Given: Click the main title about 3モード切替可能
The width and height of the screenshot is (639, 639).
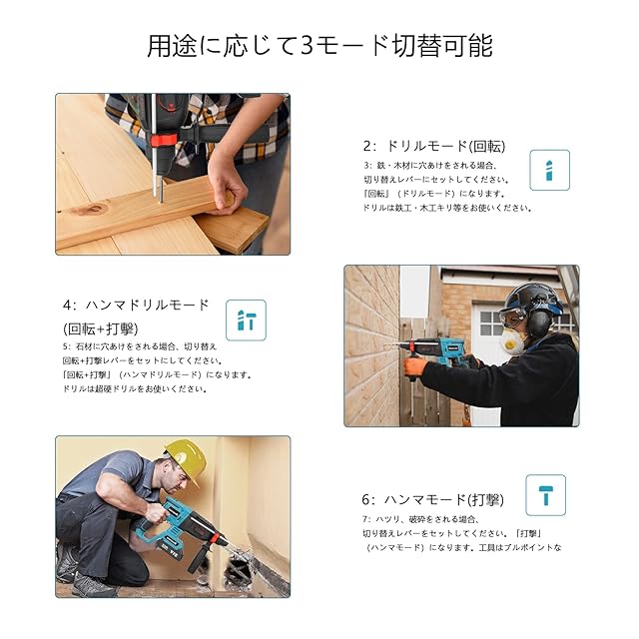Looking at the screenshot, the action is [x=319, y=46].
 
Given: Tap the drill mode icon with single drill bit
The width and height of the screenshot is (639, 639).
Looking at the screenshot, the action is [x=549, y=170].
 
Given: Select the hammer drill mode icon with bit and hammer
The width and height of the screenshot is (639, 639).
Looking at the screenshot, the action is [x=247, y=320].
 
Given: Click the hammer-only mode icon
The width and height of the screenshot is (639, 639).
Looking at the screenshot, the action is [x=546, y=495].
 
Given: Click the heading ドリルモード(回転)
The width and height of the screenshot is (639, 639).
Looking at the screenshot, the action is [x=434, y=146].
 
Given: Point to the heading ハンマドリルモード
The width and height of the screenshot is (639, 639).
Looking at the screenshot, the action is [x=136, y=305].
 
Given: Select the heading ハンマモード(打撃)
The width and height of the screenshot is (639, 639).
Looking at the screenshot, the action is [x=432, y=499].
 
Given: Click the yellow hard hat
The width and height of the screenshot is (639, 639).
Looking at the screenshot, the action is [x=187, y=459].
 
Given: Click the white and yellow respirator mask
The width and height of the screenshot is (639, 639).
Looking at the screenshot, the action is [x=512, y=342].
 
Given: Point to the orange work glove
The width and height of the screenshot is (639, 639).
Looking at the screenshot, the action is [x=415, y=366].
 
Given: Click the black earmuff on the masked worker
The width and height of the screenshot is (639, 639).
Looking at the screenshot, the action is [x=539, y=322].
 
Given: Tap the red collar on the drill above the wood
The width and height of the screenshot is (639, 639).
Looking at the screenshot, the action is [x=164, y=140].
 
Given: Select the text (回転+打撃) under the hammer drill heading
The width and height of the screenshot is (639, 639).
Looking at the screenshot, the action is [x=100, y=328].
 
